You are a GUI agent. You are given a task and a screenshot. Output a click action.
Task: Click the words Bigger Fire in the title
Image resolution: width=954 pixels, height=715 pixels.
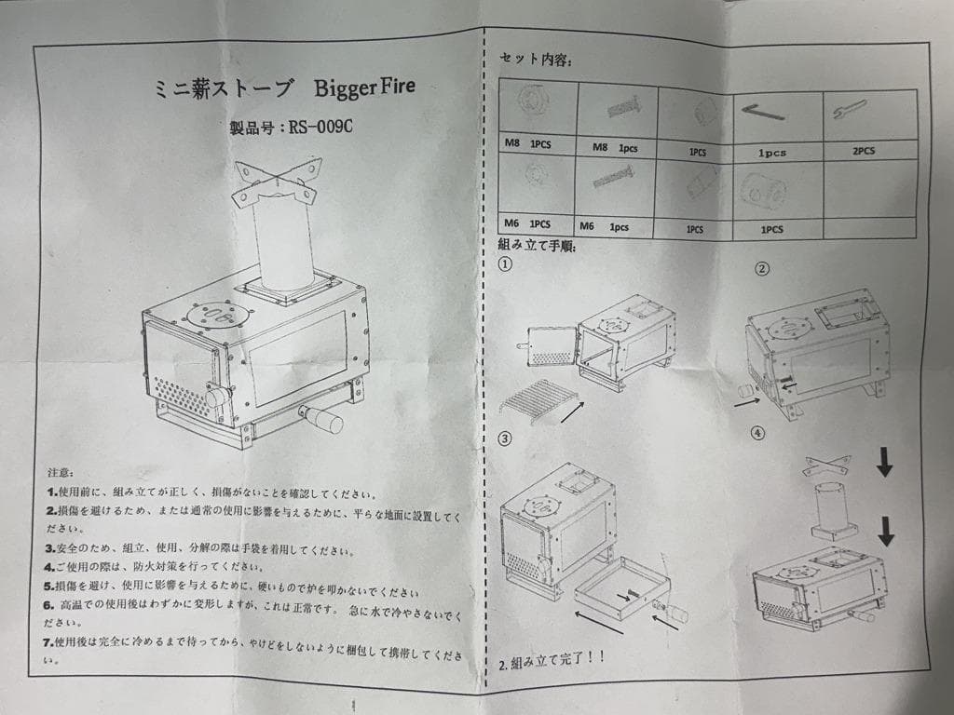click(364, 90)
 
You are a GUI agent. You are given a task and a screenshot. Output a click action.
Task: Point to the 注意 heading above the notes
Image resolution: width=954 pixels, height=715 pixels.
click(60, 473)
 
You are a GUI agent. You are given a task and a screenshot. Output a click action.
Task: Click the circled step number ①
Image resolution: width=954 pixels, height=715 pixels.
click(505, 263)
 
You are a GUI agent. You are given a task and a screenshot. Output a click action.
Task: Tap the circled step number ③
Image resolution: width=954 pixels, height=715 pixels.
click(505, 438)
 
